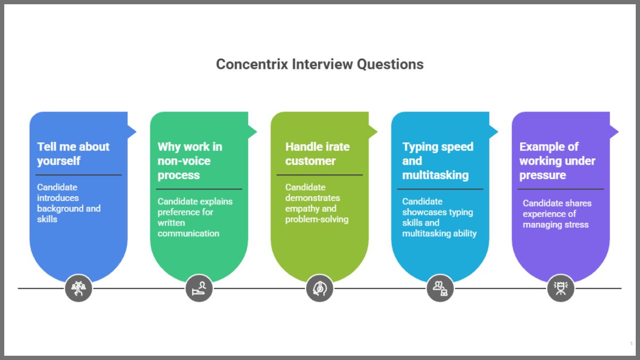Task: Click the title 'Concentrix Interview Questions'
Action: [x=319, y=65]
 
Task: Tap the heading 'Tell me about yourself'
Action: [x=73, y=154]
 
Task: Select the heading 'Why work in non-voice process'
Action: [x=190, y=161]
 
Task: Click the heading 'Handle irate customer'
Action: [x=317, y=154]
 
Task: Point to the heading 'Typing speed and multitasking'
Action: [x=437, y=161]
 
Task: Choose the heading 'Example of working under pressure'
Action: [x=557, y=161]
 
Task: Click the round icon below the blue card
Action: [x=78, y=289]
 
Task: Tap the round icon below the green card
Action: [x=199, y=289]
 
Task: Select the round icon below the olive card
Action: [x=319, y=289]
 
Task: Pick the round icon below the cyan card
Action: [x=440, y=289]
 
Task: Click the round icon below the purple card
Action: [x=561, y=289]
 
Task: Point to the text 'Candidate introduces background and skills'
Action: [x=69, y=203]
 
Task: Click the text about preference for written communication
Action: [x=195, y=217]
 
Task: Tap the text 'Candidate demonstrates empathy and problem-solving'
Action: [x=317, y=203]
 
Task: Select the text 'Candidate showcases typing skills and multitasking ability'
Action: [x=439, y=217]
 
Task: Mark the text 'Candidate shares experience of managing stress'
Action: [x=557, y=214]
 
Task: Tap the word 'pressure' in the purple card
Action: [x=542, y=175]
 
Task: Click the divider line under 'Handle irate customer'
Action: [x=319, y=175]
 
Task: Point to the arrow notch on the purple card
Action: [x=614, y=131]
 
